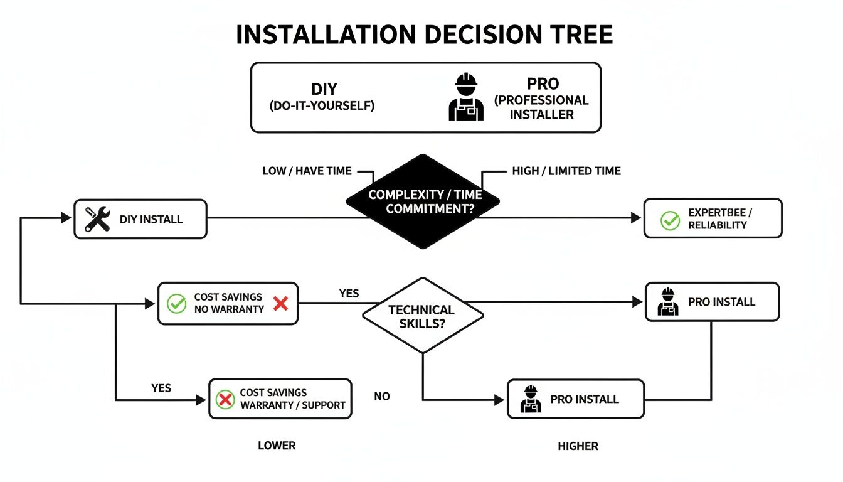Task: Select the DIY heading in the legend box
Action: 324,90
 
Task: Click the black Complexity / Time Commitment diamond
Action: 423,201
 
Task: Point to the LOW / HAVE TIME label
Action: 307,171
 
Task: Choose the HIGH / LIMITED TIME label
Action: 566,171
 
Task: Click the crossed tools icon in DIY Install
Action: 97,219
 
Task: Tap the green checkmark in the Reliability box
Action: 670,220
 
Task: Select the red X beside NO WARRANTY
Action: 281,304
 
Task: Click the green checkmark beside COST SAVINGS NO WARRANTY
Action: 176,304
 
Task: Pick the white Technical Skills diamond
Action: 422,316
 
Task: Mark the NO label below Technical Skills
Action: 382,397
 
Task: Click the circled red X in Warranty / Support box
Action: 225,399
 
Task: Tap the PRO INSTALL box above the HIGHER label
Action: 575,399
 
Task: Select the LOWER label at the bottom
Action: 277,446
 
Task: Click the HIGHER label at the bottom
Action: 578,446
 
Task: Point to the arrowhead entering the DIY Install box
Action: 66,218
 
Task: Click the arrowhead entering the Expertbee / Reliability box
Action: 636,218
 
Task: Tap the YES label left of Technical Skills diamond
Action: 349,294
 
